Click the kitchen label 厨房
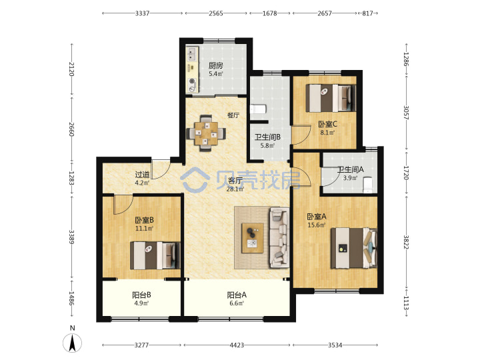tap(216, 65)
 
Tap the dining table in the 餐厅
tap(207, 133)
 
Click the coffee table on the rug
tap(253, 238)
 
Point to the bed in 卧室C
tap(331, 98)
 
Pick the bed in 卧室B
tap(155, 255)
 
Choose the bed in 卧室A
tap(353, 247)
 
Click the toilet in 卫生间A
tap(367, 185)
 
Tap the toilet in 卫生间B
tap(259, 109)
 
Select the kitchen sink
tap(192, 54)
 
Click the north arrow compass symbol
tap(73, 343)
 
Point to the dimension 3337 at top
tap(143, 13)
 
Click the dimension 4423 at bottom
tap(237, 345)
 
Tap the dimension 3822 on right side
tap(406, 242)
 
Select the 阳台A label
tap(237, 295)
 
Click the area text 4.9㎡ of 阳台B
tap(141, 303)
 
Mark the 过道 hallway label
tap(143, 175)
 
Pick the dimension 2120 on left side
tap(71, 69)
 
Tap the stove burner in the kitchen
tap(192, 81)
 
